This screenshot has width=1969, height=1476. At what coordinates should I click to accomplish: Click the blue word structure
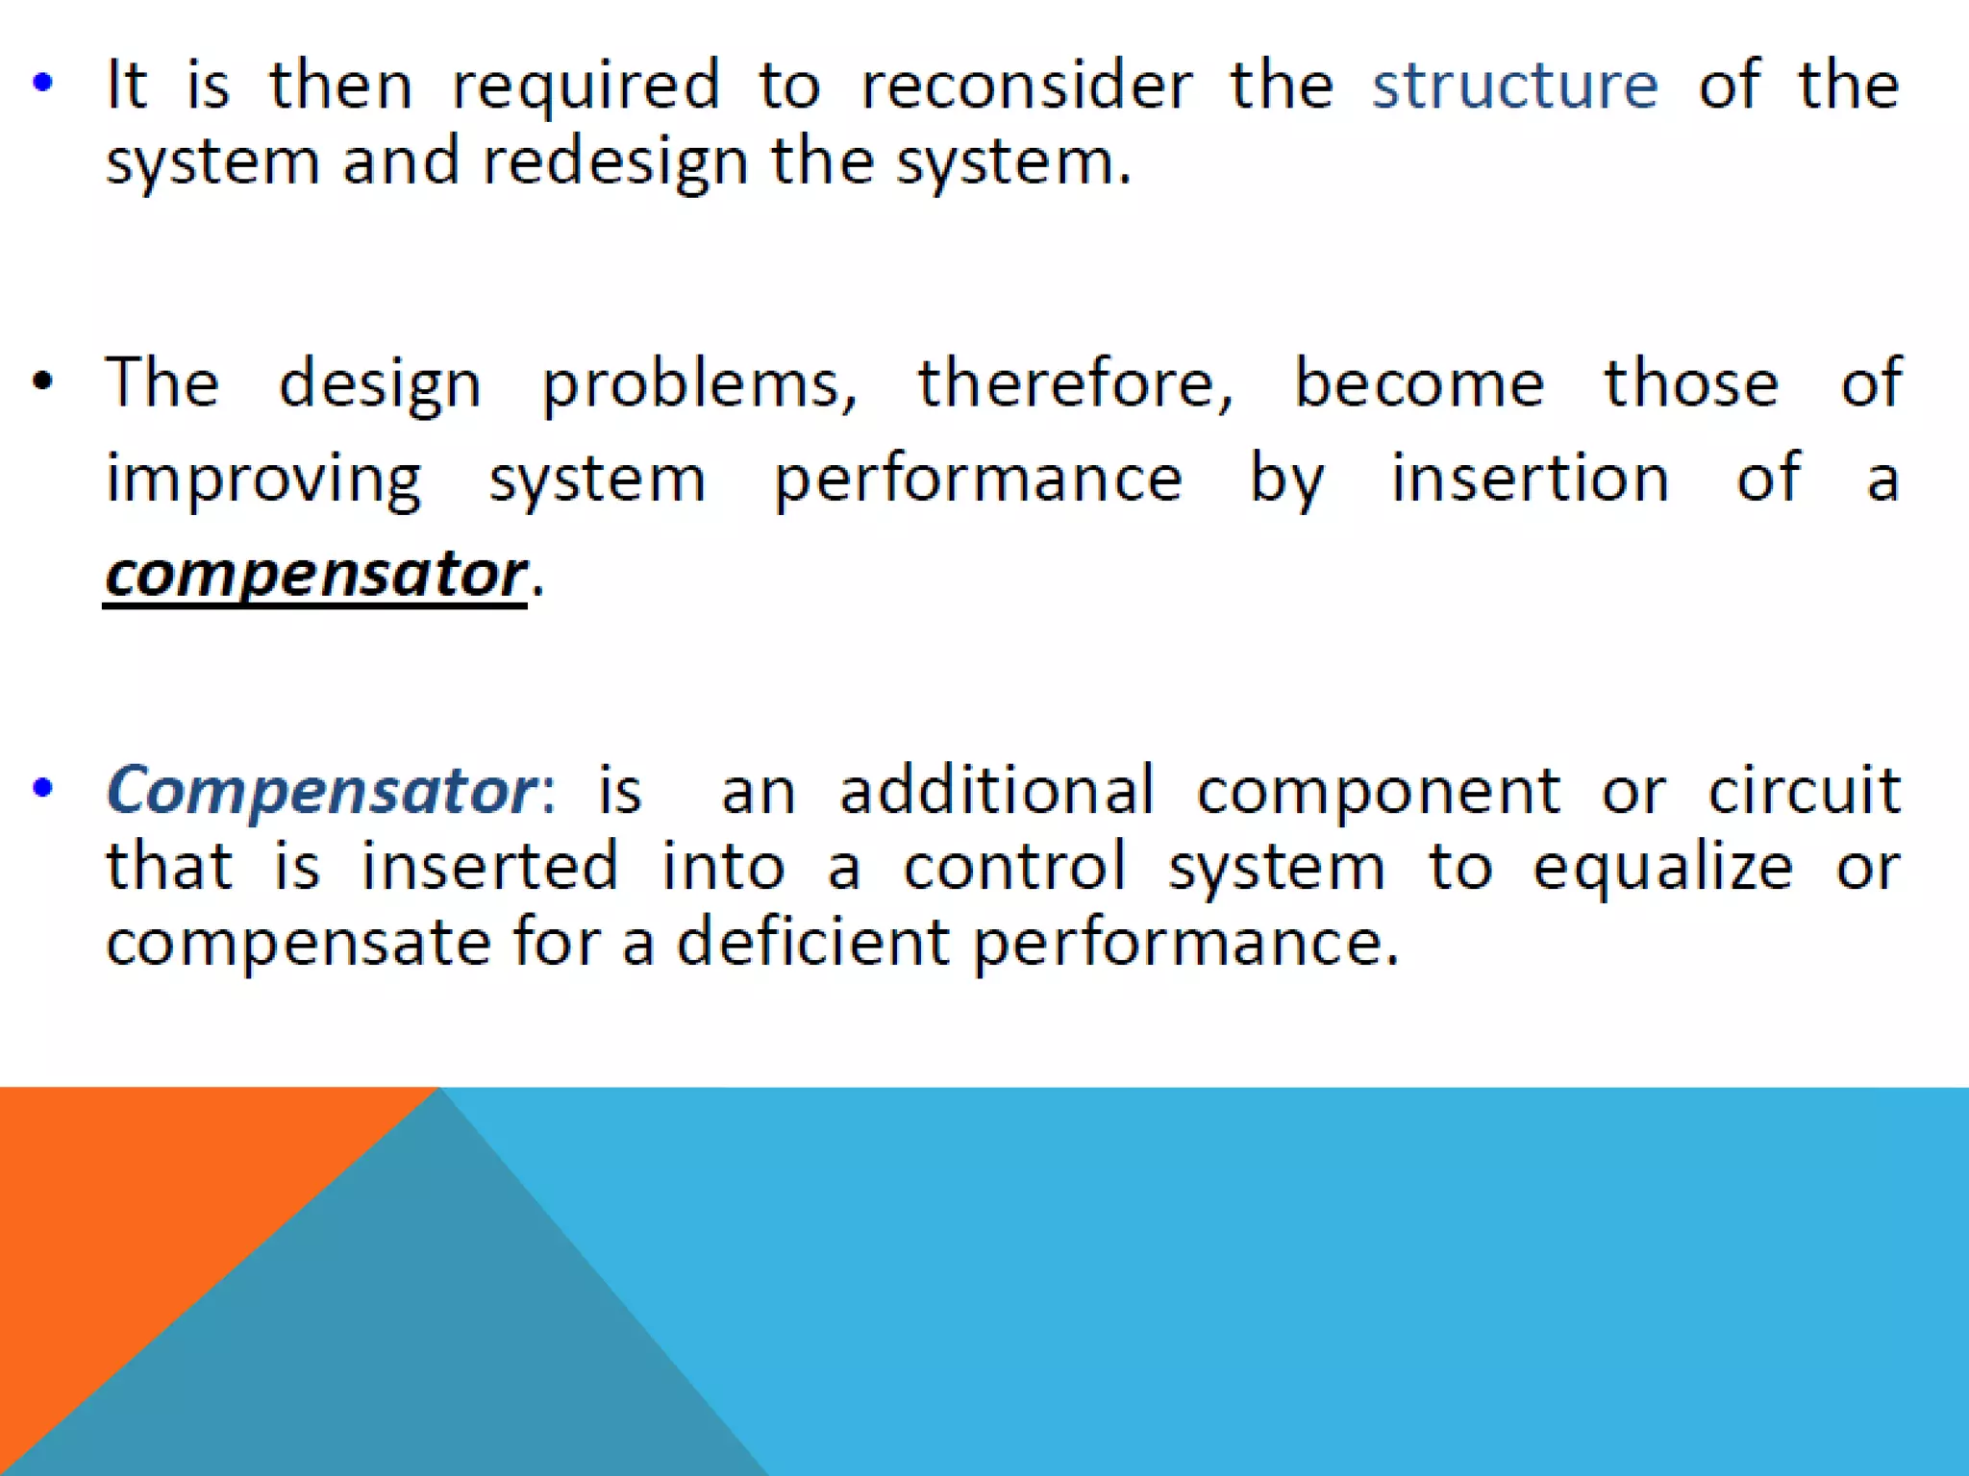(1514, 86)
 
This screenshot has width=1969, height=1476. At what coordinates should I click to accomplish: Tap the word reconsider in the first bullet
(1026, 86)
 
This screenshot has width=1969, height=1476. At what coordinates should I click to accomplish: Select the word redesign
(614, 162)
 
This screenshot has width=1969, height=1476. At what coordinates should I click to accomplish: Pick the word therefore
(1075, 383)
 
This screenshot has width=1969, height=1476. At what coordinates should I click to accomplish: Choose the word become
(1419, 383)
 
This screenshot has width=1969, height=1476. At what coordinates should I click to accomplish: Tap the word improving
(263, 480)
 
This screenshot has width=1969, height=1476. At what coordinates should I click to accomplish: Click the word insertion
(1530, 479)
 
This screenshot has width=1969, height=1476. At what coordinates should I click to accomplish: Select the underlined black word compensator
(315, 575)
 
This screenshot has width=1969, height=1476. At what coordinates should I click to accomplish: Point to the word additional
(996, 792)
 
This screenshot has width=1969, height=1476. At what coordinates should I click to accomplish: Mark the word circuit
(1804, 792)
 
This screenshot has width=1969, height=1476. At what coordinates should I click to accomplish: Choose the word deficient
(813, 943)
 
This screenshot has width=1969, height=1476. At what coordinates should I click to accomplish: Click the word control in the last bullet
(1014, 868)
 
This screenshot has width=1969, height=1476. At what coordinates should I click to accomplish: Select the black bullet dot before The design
(42, 382)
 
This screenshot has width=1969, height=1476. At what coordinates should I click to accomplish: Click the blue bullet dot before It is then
(42, 83)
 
